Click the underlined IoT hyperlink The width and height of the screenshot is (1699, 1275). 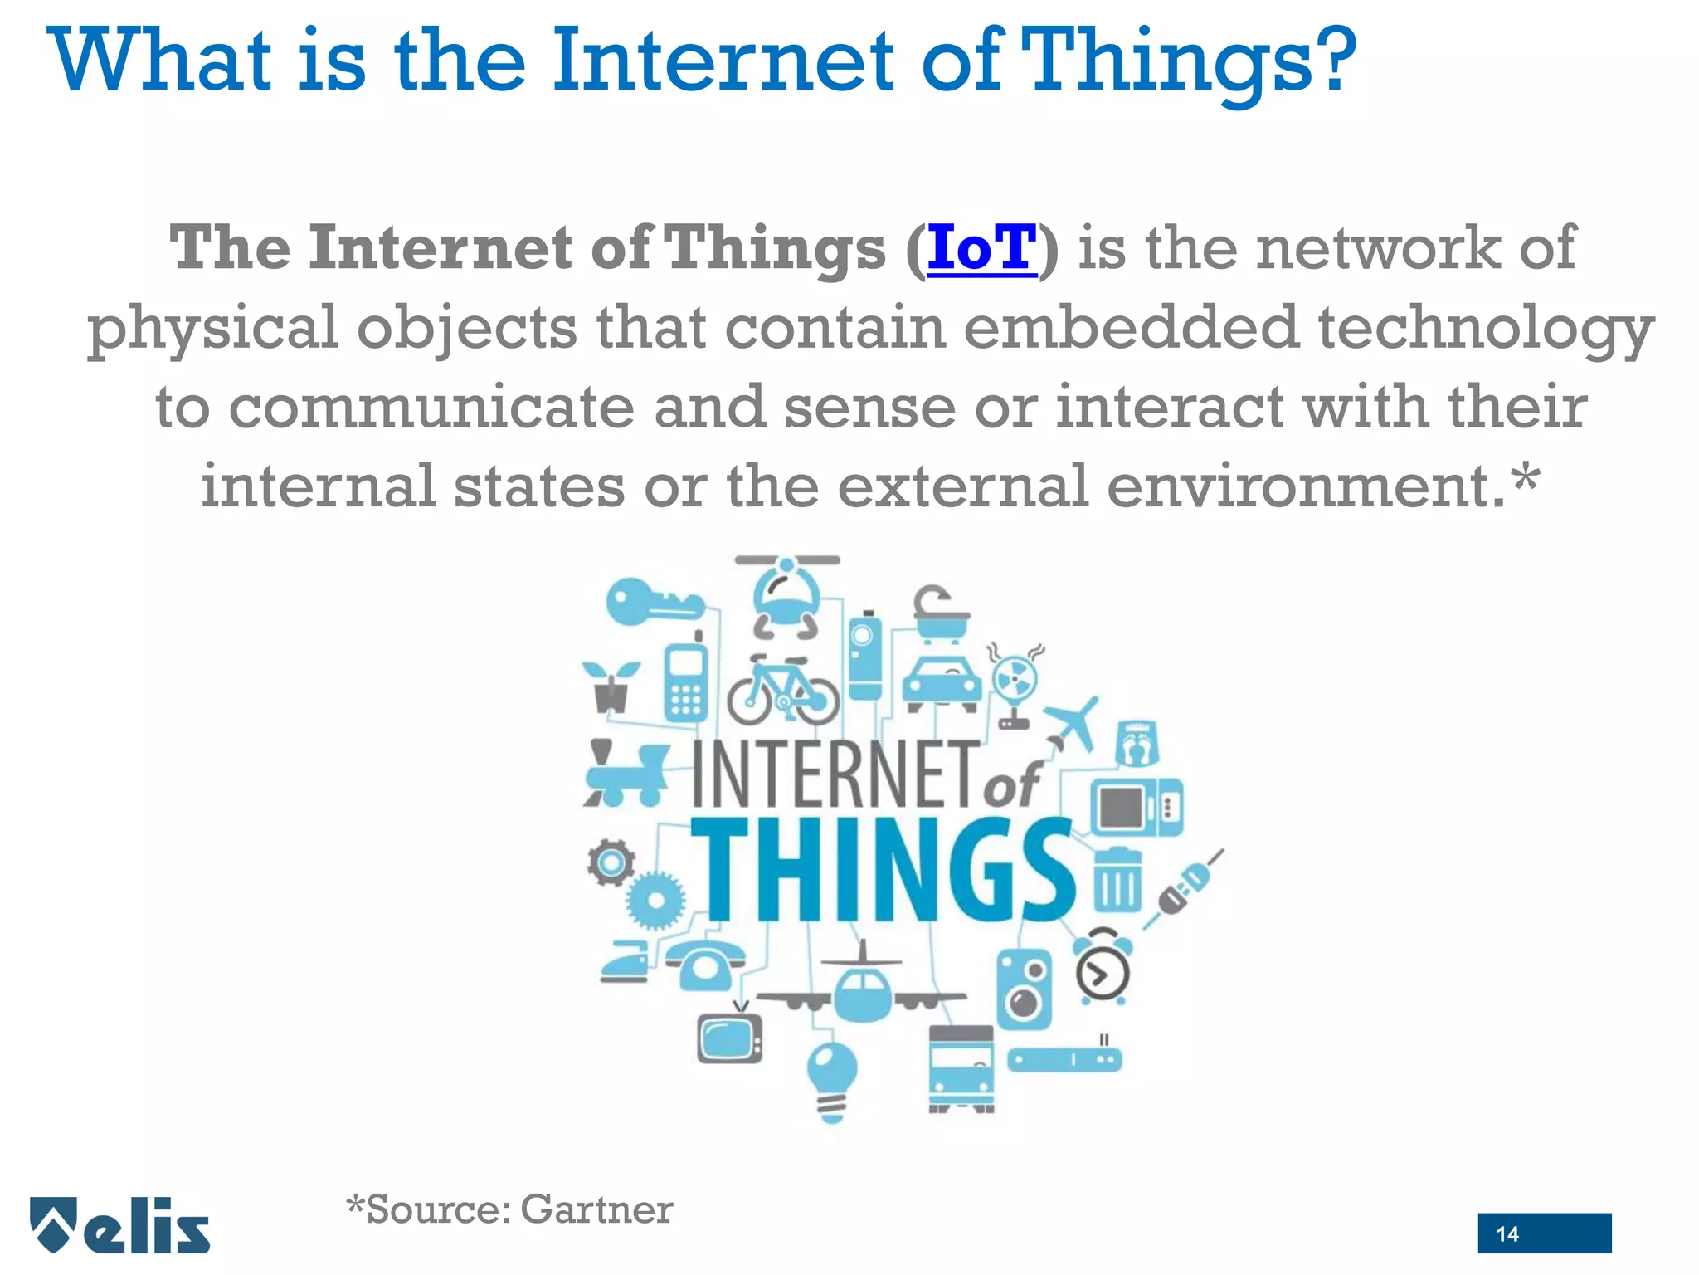tap(981, 248)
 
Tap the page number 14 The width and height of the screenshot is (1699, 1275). tap(1507, 1233)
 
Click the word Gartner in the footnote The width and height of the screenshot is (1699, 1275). tap(596, 1209)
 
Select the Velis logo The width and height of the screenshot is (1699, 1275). tap(120, 1225)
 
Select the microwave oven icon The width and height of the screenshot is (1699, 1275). tap(1136, 806)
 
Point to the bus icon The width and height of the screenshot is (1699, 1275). tap(961, 1069)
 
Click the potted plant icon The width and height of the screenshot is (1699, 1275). tap(611, 686)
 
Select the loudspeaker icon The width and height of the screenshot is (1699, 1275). tap(1024, 989)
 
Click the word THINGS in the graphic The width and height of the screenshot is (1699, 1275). tap(881, 870)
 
